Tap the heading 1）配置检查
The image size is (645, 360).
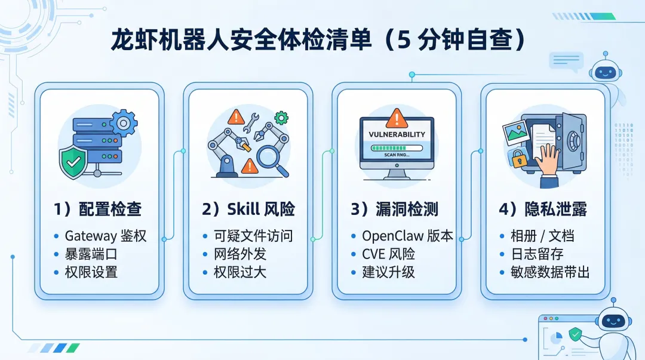tap(97, 209)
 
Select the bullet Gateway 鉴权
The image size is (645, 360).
tap(105, 236)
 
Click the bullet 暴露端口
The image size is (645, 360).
tap(91, 254)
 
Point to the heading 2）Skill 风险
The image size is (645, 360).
tap(248, 209)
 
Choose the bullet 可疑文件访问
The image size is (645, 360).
tap(253, 236)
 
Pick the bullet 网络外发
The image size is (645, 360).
tap(240, 254)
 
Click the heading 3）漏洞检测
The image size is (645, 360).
tap(394, 209)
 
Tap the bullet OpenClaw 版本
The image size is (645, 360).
tap(407, 236)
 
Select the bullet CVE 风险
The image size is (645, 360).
tap(388, 254)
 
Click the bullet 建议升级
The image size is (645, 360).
tap(388, 272)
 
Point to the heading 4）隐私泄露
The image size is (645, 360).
tap(542, 209)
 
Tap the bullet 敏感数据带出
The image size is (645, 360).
tap(550, 272)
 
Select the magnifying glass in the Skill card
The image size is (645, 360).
tap(272, 158)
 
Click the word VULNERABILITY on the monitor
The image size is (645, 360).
tap(397, 134)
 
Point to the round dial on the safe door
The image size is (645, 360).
tap(574, 141)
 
